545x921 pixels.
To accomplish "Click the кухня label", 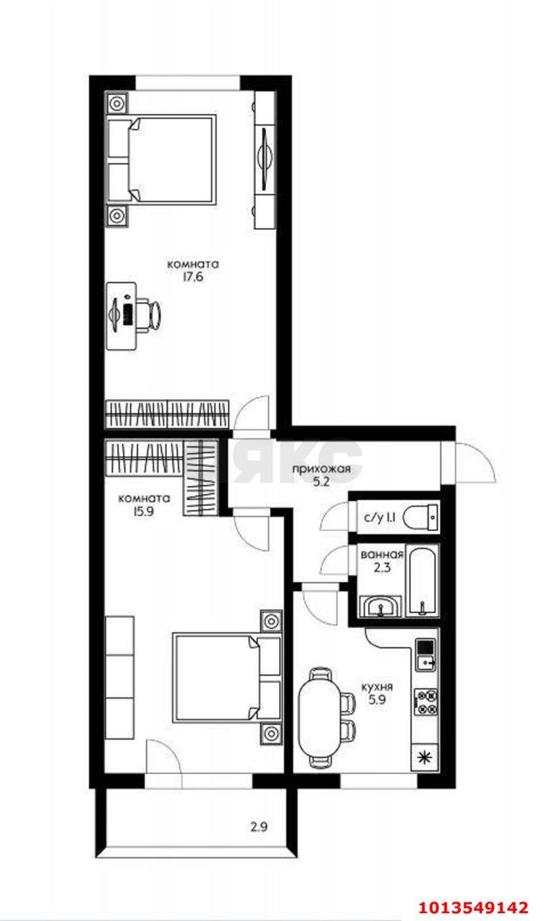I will (x=377, y=686).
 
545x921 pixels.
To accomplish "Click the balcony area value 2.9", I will (x=260, y=827).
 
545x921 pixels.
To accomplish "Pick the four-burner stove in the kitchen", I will (x=426, y=702).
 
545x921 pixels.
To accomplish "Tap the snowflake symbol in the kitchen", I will (x=426, y=756).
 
